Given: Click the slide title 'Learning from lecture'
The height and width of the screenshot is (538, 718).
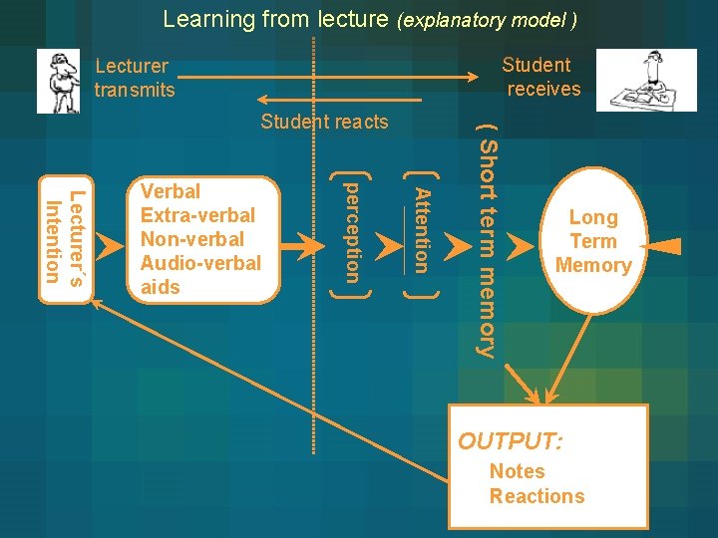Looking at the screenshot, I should click(x=276, y=19).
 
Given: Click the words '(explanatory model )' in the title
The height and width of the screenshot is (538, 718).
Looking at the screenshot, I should click(x=487, y=20).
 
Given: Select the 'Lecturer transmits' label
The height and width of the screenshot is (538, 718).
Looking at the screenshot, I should click(x=134, y=78).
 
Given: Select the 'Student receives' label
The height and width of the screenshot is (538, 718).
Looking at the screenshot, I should click(x=539, y=77).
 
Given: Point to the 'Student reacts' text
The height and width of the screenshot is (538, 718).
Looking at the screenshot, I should click(x=324, y=122).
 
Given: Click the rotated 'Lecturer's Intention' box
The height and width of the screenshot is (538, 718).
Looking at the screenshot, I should click(x=66, y=236).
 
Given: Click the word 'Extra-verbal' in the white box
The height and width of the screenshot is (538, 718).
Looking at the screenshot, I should click(x=197, y=215).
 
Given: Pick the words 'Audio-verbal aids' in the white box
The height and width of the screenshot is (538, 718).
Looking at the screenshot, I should click(x=199, y=275).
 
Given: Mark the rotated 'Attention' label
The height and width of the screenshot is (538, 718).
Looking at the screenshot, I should click(x=421, y=230).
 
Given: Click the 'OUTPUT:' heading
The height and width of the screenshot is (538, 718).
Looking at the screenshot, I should click(x=510, y=440).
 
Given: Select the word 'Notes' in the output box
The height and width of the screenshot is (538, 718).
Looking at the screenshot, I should click(x=517, y=471).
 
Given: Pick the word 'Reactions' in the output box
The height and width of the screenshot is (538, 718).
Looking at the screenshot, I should click(x=537, y=496).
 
